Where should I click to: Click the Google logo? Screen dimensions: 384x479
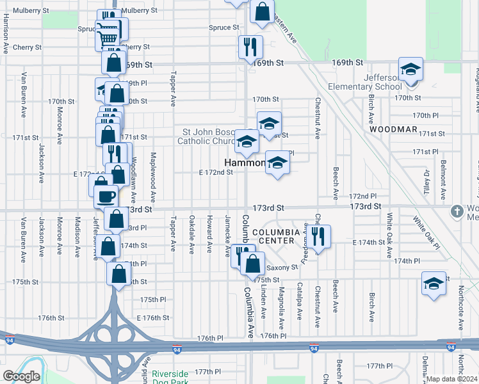point(21,376)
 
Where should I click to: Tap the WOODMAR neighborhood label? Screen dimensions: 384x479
point(393,129)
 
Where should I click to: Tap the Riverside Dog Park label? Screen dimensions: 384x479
point(170,378)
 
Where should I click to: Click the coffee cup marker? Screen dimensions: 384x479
point(107,195)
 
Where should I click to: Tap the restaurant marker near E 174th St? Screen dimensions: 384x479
point(319,237)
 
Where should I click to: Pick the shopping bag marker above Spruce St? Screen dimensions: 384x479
point(262,12)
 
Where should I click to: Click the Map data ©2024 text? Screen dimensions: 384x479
point(451,379)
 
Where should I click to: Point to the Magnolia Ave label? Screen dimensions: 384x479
point(280,301)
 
